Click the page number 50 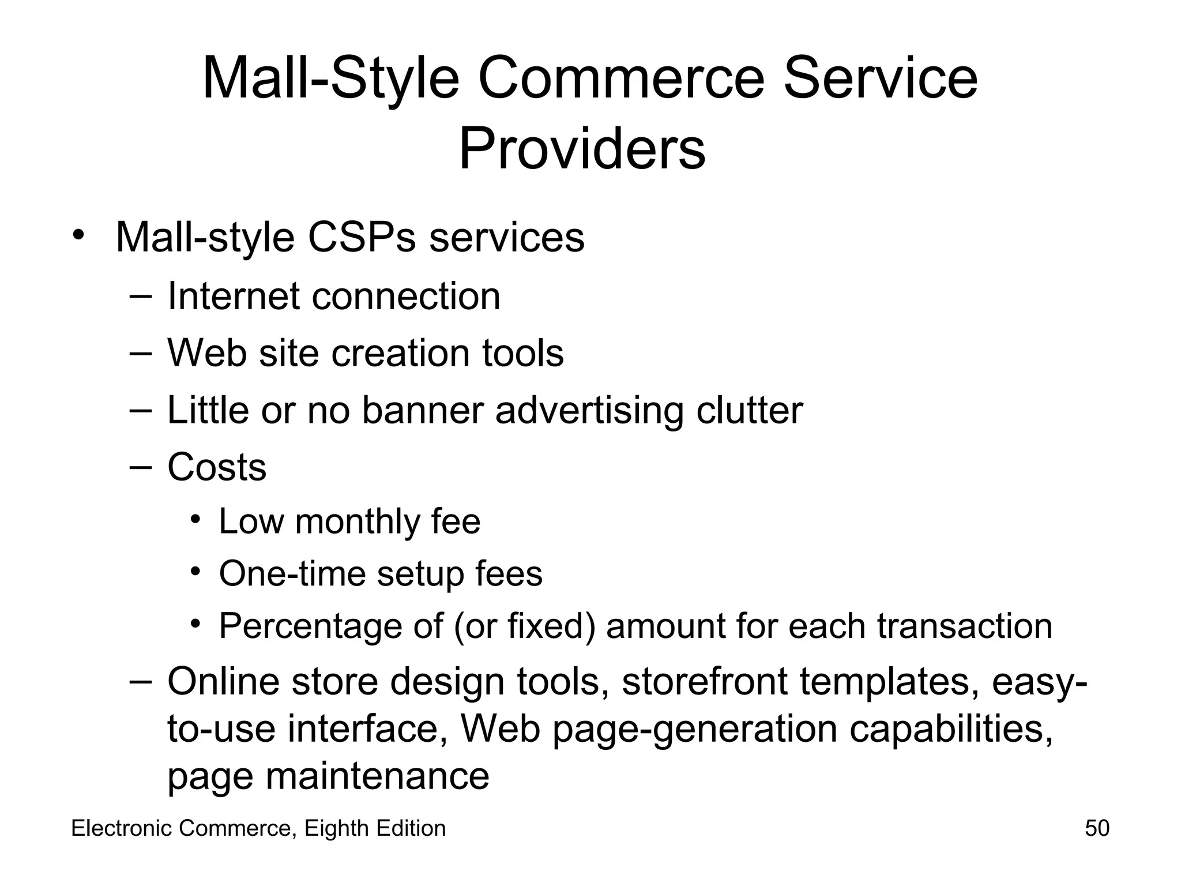pyautogui.click(x=1097, y=828)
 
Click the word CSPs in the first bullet pyautogui.click(x=361, y=237)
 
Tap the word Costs pyautogui.click(x=217, y=467)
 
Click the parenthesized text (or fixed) pyautogui.click(x=524, y=626)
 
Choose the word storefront pyautogui.click(x=704, y=681)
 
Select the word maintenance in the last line pyautogui.click(x=377, y=776)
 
